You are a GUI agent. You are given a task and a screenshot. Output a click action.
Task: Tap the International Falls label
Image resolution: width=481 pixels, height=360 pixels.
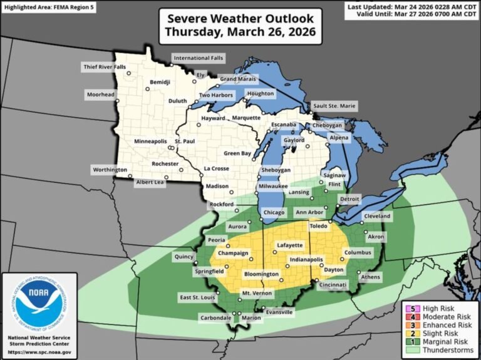199,58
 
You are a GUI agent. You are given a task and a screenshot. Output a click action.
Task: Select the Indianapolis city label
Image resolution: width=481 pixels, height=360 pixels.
306,259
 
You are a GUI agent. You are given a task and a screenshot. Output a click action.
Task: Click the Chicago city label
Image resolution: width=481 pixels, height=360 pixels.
274,213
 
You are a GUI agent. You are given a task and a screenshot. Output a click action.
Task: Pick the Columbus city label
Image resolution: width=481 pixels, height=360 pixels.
358,253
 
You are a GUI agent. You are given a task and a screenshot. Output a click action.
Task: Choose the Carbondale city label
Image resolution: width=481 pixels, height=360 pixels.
215,317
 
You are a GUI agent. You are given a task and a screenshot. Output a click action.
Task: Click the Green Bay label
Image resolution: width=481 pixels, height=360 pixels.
238,153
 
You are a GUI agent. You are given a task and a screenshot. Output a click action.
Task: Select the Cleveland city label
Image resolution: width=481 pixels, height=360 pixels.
377,217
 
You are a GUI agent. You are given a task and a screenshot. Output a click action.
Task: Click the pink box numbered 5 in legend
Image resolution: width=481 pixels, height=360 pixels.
407,309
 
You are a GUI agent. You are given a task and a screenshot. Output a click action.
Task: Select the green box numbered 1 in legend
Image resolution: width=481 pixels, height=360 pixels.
407,342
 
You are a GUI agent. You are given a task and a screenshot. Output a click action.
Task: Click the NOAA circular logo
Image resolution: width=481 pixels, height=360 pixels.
39,303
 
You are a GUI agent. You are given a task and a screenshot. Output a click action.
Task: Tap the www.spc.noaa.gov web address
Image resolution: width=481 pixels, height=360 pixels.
39,352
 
